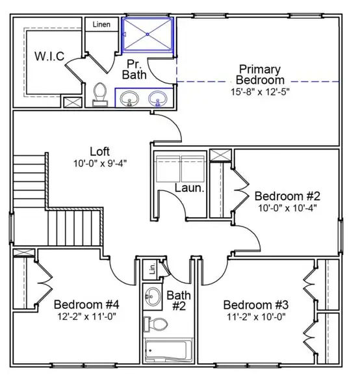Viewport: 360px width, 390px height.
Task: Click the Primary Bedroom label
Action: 260,74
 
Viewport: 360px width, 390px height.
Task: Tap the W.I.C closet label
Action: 49,57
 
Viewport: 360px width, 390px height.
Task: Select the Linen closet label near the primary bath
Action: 101,25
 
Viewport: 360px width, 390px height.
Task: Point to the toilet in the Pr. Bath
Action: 100,95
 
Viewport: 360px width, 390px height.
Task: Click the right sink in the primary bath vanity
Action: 157,99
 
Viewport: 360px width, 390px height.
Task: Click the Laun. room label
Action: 190,188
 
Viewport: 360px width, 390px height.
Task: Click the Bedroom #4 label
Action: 86,304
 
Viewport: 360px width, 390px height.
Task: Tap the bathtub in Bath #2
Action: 166,351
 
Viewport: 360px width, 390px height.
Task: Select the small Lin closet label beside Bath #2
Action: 151,267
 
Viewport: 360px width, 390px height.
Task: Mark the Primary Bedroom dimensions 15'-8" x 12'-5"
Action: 260,92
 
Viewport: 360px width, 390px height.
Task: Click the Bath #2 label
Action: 178,301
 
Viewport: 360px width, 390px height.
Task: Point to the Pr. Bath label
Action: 135,70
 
